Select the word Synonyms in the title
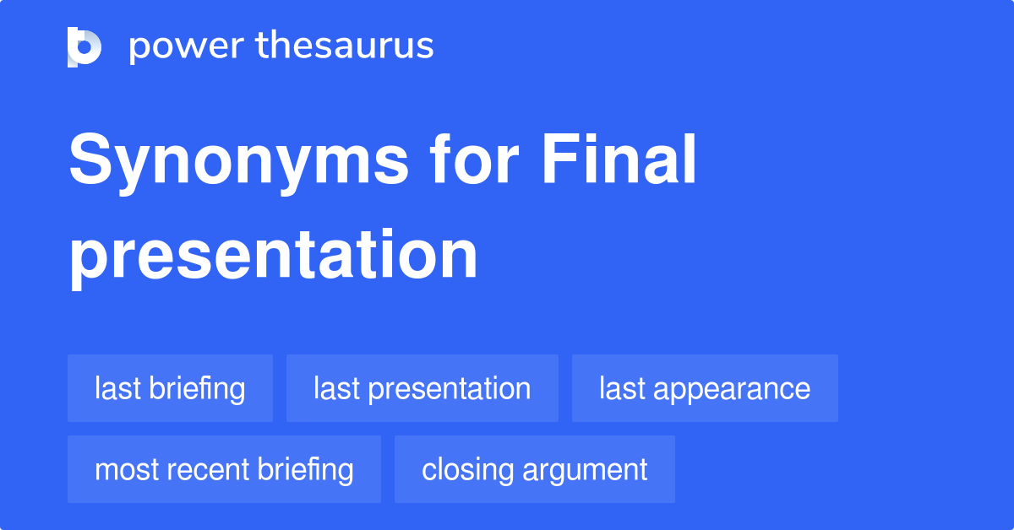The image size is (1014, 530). pos(239,162)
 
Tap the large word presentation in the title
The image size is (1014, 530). pos(273,255)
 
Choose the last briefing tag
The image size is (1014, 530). pos(170,388)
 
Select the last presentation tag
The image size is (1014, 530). pos(422,388)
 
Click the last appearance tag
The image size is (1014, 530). pos(705,388)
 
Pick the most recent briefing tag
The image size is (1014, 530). pos(224,469)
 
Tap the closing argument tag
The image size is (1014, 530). pos(534,469)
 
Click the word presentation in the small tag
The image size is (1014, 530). pos(450,389)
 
